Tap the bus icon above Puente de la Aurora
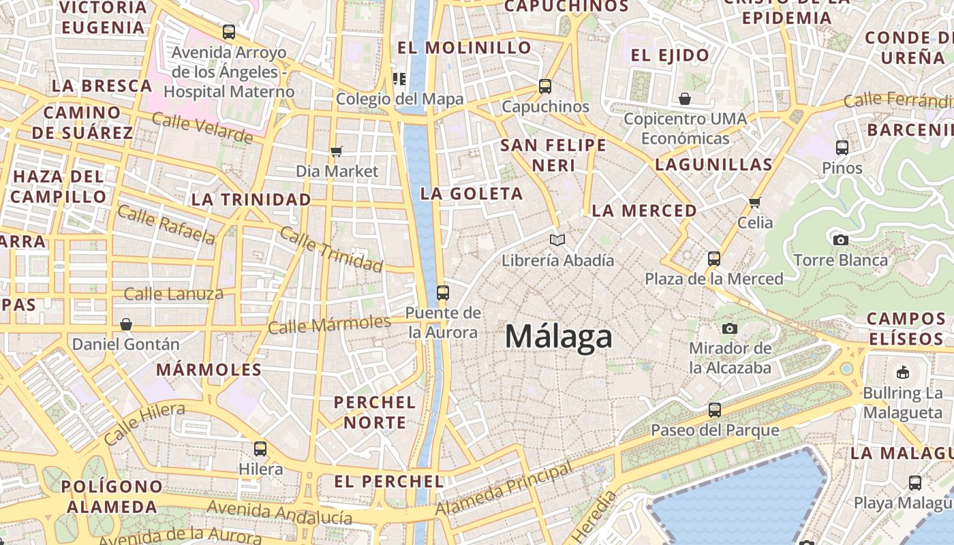click(443, 293)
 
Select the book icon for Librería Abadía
click(557, 240)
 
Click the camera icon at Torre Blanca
click(841, 240)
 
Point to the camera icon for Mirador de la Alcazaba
click(730, 328)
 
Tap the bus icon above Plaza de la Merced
click(714, 259)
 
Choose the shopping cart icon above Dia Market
click(337, 151)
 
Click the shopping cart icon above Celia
click(755, 202)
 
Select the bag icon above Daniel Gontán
click(125, 324)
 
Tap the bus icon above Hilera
click(260, 449)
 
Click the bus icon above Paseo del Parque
click(714, 410)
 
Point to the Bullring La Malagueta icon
click(903, 372)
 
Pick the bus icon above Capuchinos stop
click(545, 87)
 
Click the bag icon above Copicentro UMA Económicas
click(685, 99)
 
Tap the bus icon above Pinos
click(842, 147)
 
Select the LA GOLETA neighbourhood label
click(472, 193)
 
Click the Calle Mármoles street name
click(329, 324)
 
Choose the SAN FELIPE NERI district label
click(553, 155)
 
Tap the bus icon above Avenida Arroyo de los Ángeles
click(229, 32)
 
